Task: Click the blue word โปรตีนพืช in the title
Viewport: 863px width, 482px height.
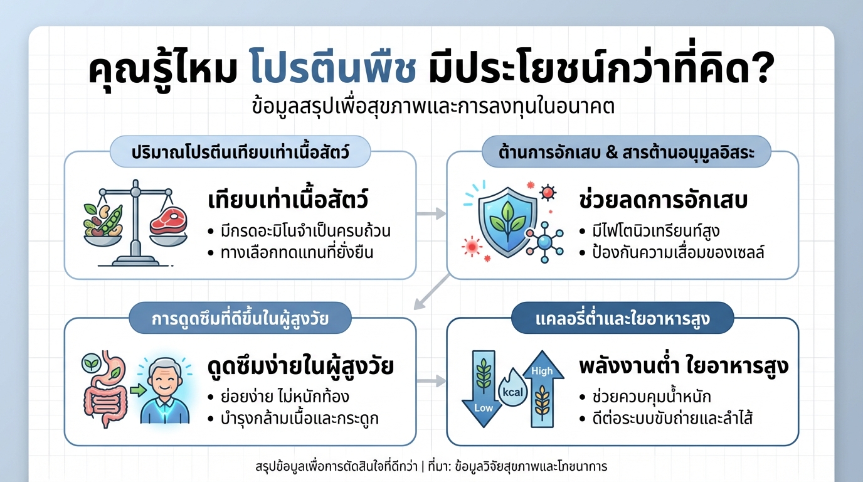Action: click(332, 70)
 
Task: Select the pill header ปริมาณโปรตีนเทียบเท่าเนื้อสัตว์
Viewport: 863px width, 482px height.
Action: click(240, 153)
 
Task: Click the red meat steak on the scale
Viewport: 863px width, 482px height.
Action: click(169, 223)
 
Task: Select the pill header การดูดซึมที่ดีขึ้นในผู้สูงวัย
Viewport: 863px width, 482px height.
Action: click(240, 319)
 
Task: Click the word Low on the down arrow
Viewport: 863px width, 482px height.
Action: click(484, 408)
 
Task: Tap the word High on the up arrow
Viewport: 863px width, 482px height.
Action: click(542, 371)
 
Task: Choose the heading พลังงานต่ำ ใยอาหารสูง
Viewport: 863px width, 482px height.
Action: click(684, 367)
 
